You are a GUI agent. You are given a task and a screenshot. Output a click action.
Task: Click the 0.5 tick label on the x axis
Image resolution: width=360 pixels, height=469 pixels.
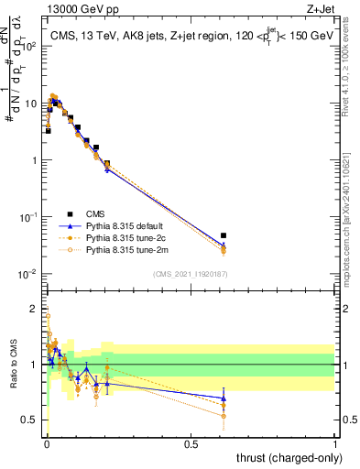pos(191,444)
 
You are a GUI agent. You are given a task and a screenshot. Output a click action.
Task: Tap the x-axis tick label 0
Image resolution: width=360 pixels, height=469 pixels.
pos(46,444)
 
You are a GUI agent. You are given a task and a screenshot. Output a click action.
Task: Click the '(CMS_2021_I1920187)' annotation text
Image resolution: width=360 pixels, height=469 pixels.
pos(191,273)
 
